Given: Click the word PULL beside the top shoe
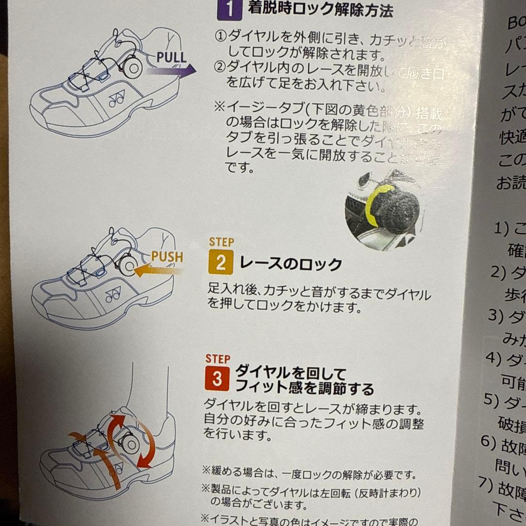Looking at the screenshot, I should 171,57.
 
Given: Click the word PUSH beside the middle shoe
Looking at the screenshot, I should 167,257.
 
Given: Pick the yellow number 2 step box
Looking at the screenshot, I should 221,264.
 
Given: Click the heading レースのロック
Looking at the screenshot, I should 291,264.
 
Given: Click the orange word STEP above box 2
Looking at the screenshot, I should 221,242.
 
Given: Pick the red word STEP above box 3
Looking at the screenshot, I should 217,359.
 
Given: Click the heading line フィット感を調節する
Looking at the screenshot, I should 304,389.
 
